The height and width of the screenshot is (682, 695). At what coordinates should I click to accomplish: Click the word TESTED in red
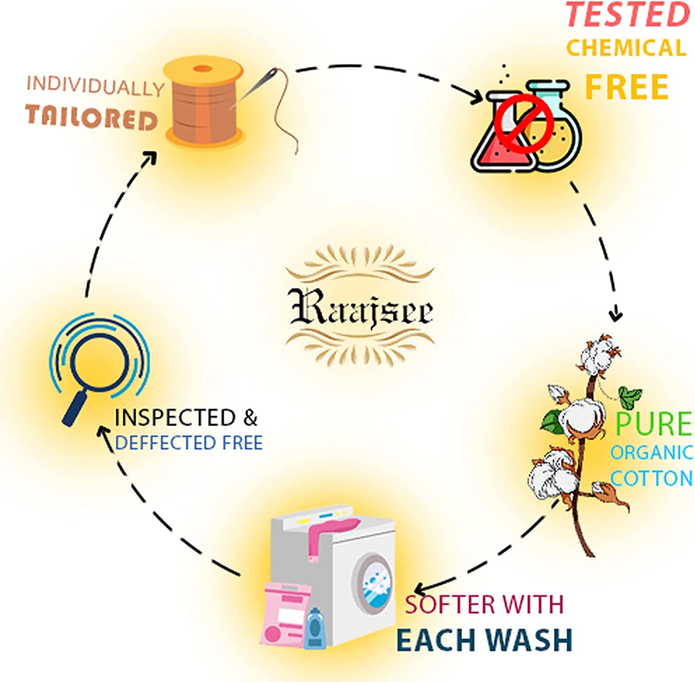tap(628, 15)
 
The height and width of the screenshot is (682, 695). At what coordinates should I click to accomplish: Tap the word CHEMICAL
tap(626, 48)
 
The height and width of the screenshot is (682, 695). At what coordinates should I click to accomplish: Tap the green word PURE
tap(653, 423)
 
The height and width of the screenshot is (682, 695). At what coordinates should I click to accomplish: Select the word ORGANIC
tap(651, 453)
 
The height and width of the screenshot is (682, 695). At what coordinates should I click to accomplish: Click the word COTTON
tap(651, 478)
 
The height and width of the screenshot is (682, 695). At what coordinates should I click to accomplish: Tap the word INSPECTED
tap(175, 418)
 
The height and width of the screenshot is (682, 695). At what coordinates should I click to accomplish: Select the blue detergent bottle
tap(315, 628)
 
